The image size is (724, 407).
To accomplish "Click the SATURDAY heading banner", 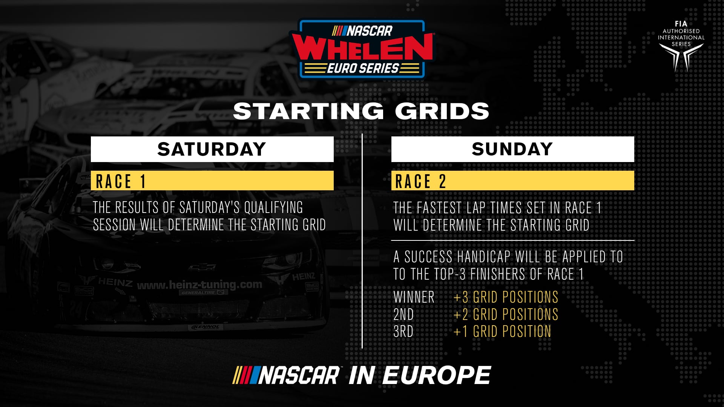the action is (212, 149).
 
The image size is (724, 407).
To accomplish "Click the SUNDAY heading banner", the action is (512, 149).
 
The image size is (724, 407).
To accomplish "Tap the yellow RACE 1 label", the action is (212, 181).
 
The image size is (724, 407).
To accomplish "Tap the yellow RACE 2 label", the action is (512, 181).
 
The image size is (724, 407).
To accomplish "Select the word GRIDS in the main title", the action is (442, 111).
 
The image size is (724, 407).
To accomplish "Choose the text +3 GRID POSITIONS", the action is (506, 297).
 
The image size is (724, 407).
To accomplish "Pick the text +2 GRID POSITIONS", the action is (506, 314).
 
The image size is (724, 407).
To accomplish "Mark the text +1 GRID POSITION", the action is (502, 332).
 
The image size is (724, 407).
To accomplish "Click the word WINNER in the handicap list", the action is (414, 297).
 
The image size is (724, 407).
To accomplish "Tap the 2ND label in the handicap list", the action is (403, 314).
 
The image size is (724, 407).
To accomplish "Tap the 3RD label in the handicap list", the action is (403, 332).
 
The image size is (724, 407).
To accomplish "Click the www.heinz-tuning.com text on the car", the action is (199, 285).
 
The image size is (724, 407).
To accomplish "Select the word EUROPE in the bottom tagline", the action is (437, 376).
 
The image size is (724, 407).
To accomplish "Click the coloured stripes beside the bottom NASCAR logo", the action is (245, 375).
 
